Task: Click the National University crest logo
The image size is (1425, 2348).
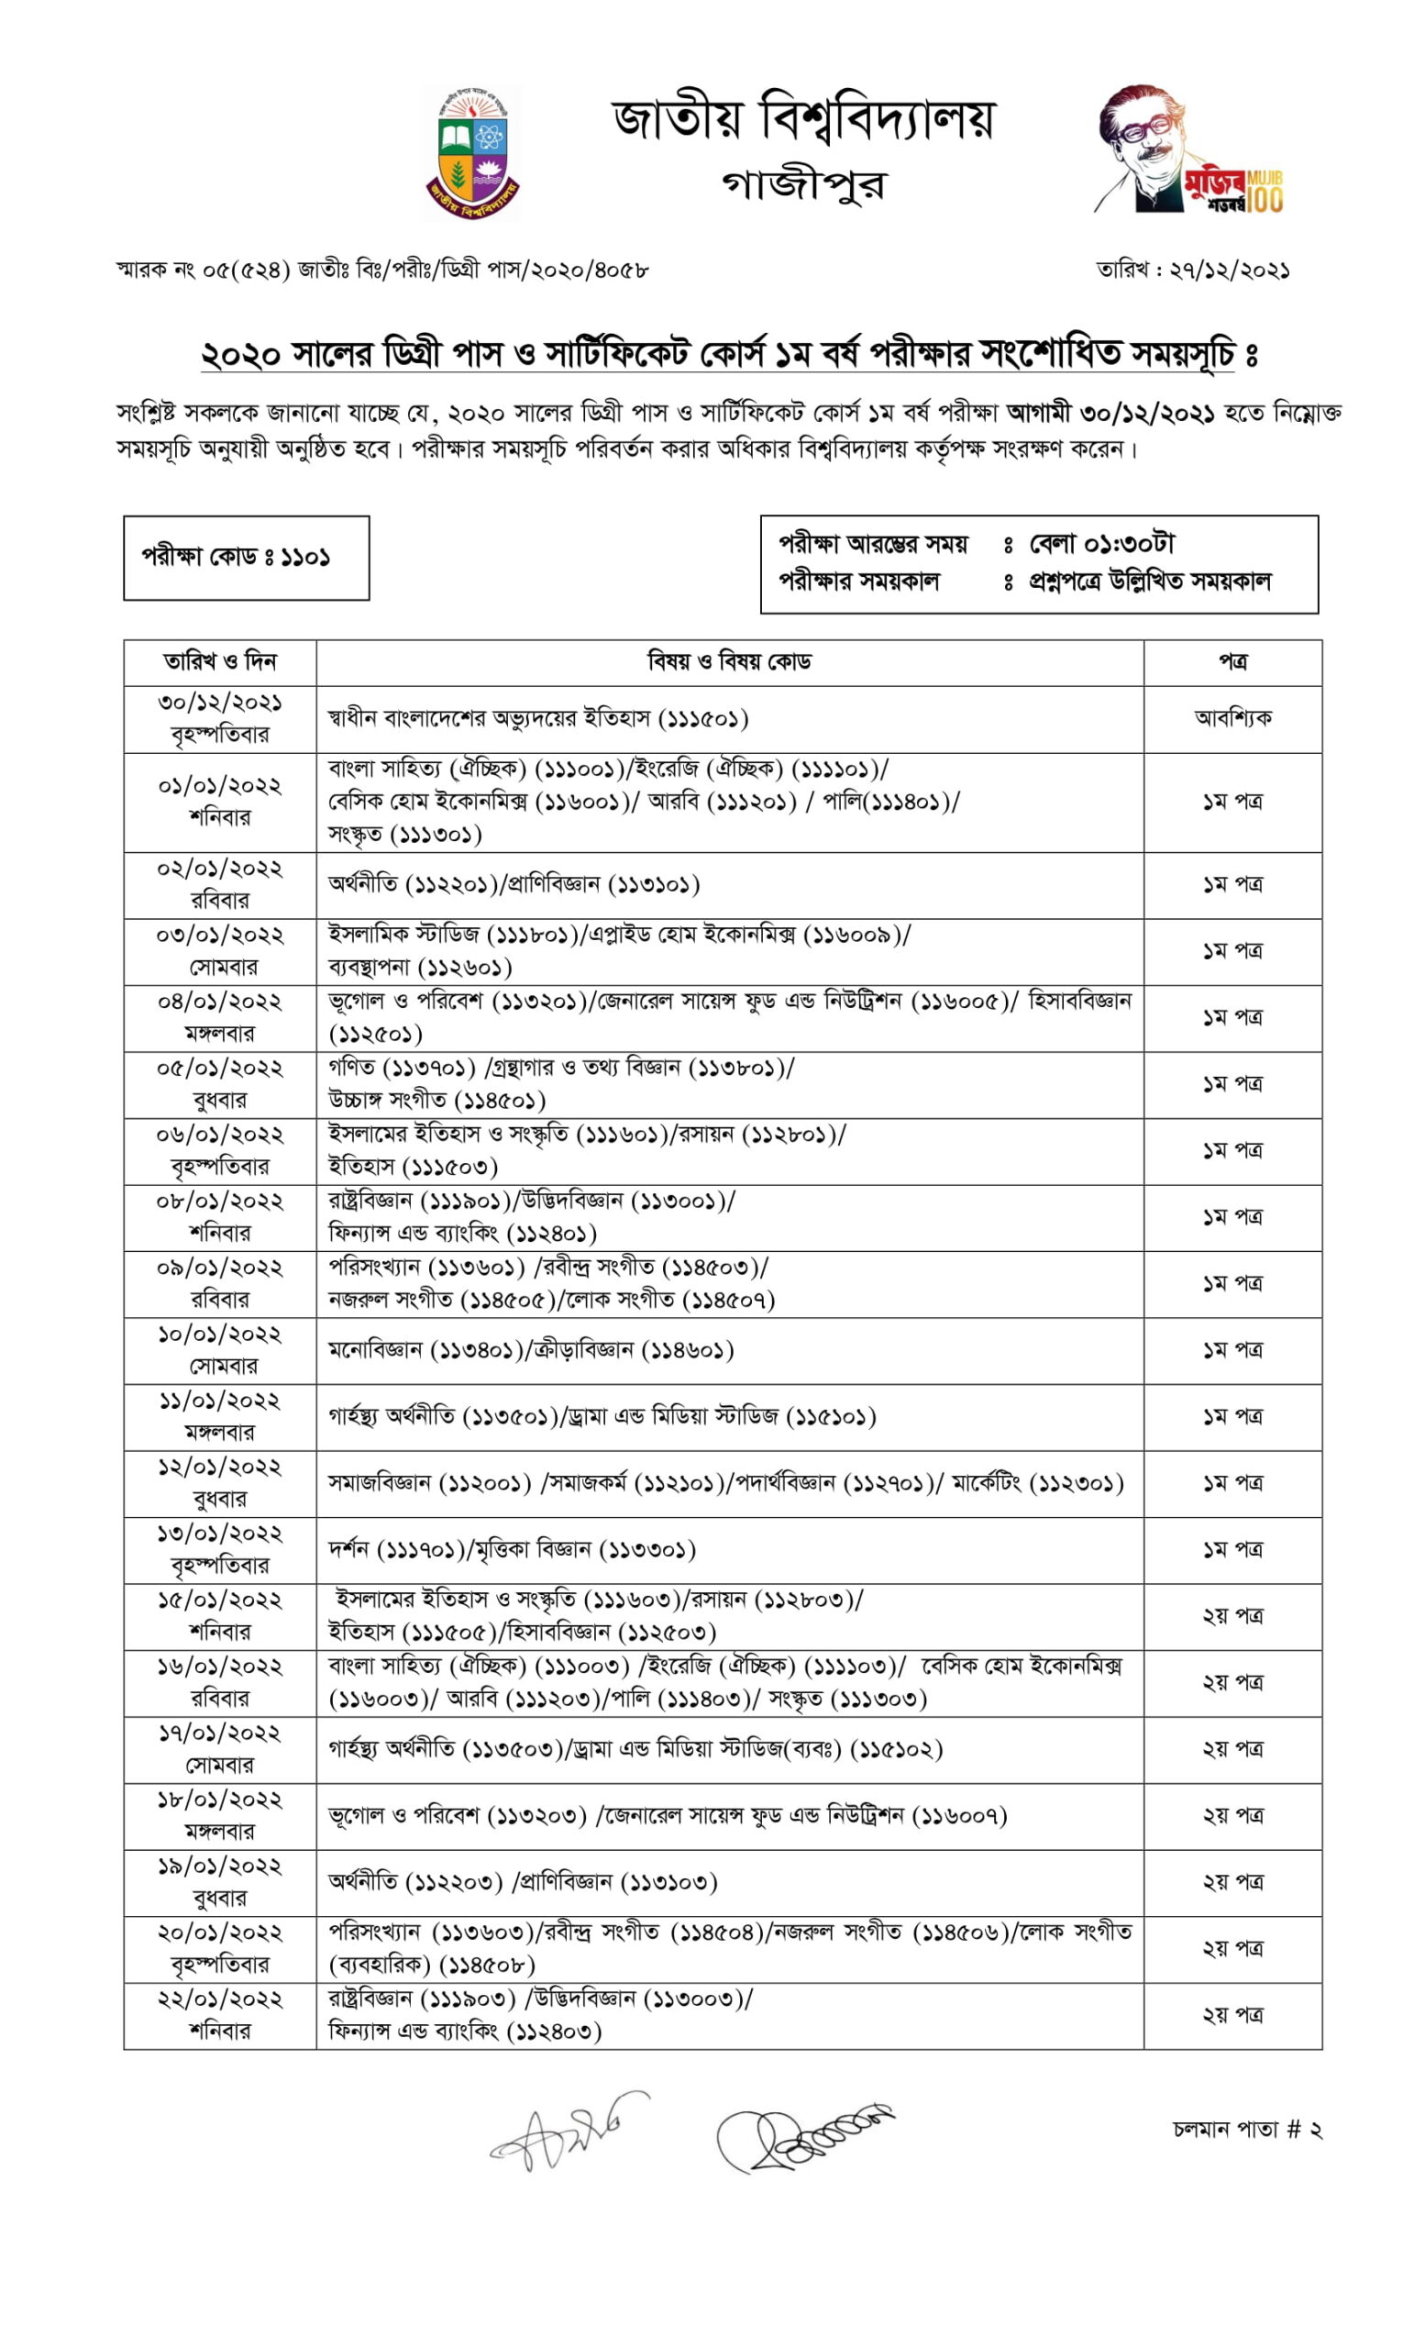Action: pos(471,152)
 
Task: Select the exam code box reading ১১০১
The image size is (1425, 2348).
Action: pos(246,558)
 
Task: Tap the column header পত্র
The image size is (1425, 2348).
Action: pos(1232,661)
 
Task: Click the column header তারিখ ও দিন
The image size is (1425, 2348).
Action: pos(219,661)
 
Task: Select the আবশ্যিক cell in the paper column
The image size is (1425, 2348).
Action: pos(1232,718)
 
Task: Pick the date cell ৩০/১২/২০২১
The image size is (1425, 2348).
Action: pos(219,703)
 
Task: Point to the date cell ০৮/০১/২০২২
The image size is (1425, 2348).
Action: pos(219,1202)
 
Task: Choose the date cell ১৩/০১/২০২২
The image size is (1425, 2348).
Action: pos(219,1534)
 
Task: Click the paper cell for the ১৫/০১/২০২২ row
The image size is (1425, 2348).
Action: pos(1232,1616)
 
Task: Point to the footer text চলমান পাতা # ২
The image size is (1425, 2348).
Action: pos(1246,2130)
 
